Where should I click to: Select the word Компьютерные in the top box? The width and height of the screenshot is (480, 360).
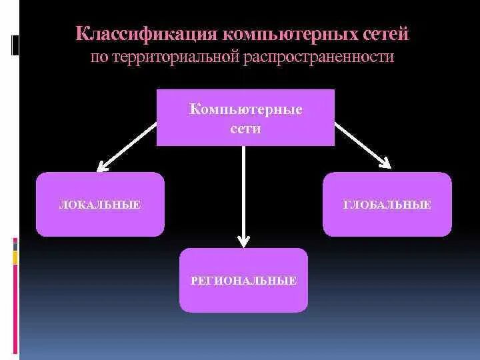pos(245,109)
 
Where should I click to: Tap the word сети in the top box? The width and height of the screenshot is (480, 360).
pos(245,128)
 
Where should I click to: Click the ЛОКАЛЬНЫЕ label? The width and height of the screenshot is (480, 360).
pos(99,205)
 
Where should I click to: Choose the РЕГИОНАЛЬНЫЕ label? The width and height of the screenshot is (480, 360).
pos(243,281)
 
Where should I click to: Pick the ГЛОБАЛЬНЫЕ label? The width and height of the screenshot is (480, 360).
pos(387,205)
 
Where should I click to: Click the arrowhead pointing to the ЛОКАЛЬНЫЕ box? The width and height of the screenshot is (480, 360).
pos(102,165)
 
